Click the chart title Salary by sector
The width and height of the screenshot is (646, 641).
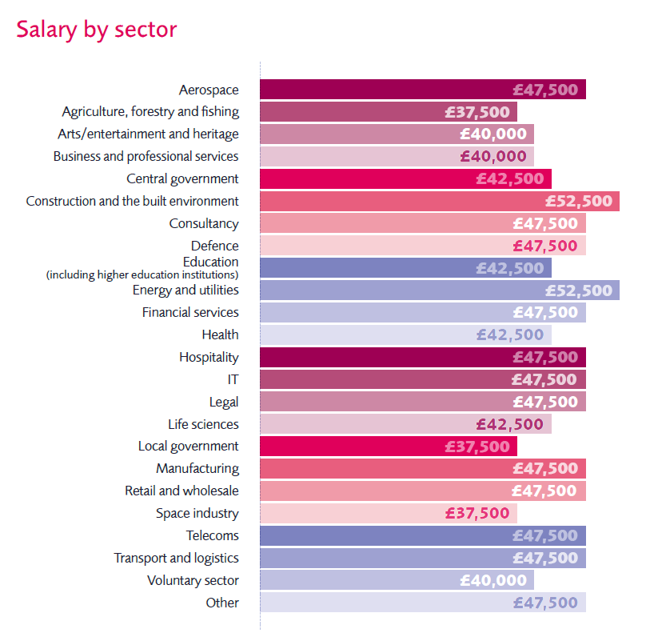(x=97, y=30)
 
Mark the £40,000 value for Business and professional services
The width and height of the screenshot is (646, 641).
(x=493, y=157)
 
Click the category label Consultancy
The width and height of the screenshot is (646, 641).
(x=204, y=223)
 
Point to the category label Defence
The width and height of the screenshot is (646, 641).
(x=214, y=246)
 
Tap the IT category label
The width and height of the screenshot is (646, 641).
(x=233, y=379)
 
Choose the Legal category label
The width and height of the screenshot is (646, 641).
(x=224, y=402)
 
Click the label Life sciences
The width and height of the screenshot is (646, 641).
(x=203, y=424)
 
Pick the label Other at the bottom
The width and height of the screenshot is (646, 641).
(x=221, y=603)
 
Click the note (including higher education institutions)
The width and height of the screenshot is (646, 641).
(x=142, y=274)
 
